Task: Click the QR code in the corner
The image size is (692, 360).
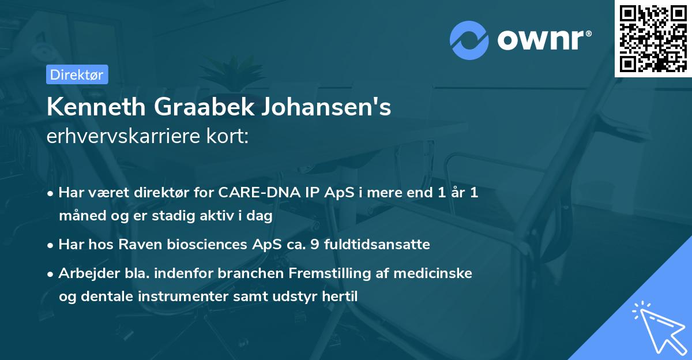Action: [653, 38]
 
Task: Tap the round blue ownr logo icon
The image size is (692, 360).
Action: [469, 40]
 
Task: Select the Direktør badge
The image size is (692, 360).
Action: [77, 74]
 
